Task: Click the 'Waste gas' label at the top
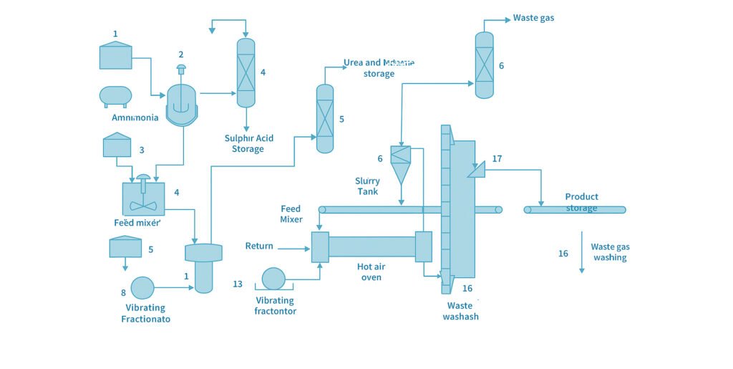coord(533,18)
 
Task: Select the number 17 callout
coord(497,159)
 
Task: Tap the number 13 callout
coord(238,284)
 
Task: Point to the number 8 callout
coord(123,292)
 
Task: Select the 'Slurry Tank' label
coord(367,186)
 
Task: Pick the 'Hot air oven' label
coord(371,272)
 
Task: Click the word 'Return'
coord(259,246)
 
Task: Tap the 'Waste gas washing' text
coord(610,252)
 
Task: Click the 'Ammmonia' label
coord(135,118)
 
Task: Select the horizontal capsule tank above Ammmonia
coord(115,96)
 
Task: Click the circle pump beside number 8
coord(142,287)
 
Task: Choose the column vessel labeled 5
coord(325,118)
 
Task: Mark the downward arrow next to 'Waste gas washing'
coord(581,252)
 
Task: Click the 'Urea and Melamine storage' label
coord(379,68)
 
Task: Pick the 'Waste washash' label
coord(460,311)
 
